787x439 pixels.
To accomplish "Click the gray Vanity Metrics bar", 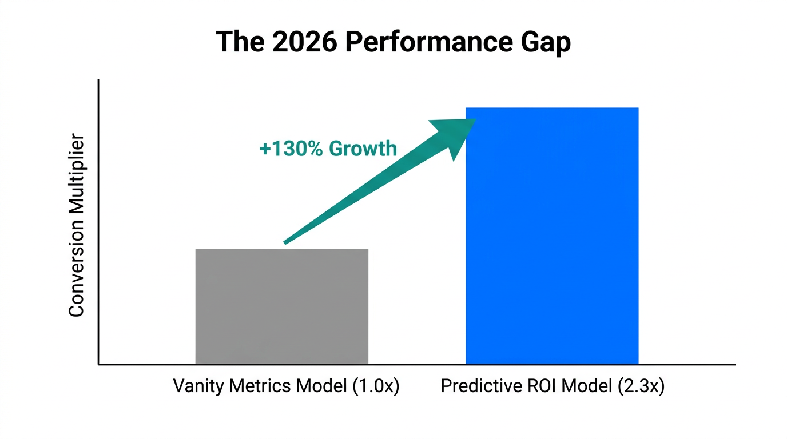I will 281,306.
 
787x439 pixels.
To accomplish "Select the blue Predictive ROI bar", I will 551,236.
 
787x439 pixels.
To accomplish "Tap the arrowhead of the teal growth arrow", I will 455,135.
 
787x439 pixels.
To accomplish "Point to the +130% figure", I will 291,149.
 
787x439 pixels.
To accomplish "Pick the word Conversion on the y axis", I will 76,273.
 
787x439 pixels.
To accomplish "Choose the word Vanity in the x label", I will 198,386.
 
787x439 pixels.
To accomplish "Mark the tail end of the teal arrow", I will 285,242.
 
